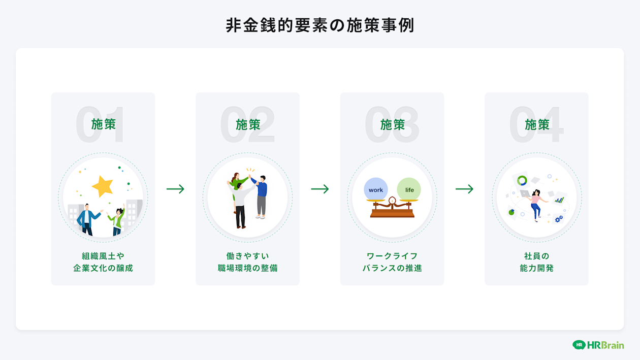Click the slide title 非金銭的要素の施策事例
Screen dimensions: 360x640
(320, 25)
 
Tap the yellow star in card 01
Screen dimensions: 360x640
(103, 186)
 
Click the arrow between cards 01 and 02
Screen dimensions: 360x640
(175, 189)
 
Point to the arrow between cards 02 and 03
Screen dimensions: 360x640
(320, 189)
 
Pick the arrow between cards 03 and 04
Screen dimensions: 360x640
(464, 189)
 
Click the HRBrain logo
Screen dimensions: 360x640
(598, 345)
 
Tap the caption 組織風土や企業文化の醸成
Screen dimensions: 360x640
(103, 262)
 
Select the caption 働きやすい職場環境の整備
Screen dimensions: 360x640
(247, 262)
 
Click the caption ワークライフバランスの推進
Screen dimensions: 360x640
(392, 262)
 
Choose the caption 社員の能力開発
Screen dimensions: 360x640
(537, 262)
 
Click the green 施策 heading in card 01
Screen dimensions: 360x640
(104, 124)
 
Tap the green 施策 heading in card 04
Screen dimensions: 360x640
(537, 124)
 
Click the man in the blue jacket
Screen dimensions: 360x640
(88, 219)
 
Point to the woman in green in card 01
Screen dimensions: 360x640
(117, 220)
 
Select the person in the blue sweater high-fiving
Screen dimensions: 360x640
(261, 195)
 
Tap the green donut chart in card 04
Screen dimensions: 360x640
(522, 180)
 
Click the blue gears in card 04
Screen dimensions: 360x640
(559, 219)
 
